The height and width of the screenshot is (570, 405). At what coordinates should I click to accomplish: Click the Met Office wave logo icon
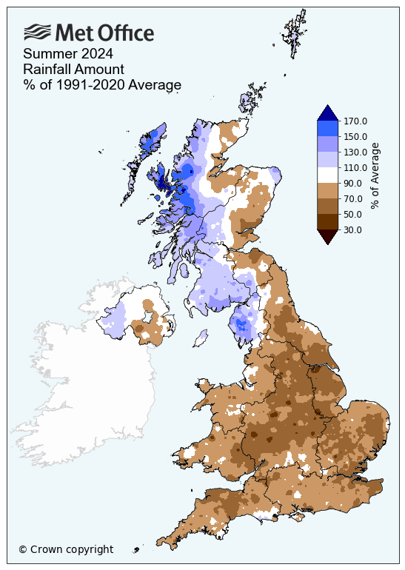click(38, 32)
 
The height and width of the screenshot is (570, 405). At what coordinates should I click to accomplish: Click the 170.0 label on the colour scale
click(356, 121)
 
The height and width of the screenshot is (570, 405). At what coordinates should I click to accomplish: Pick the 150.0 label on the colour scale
click(356, 136)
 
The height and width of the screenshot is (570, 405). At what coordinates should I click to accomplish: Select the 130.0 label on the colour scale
click(356, 152)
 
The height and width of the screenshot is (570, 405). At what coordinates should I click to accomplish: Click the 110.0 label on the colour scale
click(356, 167)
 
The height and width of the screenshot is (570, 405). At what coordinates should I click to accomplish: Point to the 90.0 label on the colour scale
click(354, 183)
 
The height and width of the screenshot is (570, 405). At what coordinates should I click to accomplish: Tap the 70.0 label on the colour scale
click(354, 198)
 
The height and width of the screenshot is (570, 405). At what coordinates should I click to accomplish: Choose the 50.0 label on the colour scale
click(354, 214)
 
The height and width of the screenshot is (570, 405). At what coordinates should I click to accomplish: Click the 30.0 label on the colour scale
click(354, 229)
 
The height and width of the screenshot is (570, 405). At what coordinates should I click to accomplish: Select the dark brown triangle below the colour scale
click(327, 236)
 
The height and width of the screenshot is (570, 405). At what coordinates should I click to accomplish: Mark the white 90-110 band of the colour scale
click(327, 175)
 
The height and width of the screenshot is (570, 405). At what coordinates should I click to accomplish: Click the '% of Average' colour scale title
click(375, 175)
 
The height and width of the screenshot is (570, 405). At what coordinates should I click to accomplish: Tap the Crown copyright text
click(66, 549)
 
